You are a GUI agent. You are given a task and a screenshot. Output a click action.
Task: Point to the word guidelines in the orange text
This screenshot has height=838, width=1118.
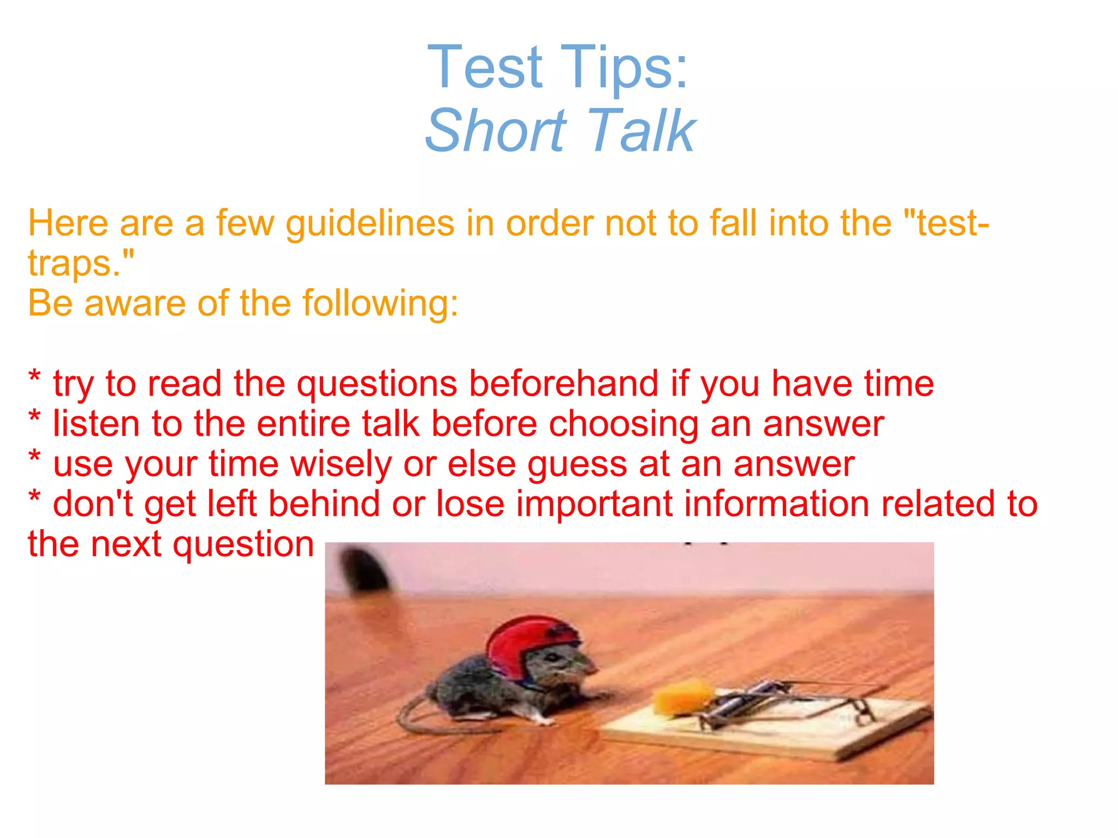(x=370, y=224)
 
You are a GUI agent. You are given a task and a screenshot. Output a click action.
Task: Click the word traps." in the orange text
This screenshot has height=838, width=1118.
(x=81, y=264)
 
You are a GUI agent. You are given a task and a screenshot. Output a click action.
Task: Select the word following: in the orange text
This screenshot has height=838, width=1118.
(x=380, y=303)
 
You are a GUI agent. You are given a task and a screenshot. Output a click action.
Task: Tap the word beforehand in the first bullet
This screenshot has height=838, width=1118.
(x=563, y=384)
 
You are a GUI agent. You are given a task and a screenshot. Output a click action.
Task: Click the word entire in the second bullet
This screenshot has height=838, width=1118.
(x=303, y=424)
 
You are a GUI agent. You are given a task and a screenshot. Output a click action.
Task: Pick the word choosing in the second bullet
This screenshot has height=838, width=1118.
(x=623, y=424)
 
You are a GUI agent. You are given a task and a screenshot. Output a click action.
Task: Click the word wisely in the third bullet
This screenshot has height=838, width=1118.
(x=341, y=464)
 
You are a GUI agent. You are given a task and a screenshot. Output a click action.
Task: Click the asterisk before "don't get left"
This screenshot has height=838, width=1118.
(x=34, y=498)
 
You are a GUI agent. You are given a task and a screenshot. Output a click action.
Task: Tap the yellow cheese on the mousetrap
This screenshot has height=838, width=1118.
(x=682, y=697)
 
